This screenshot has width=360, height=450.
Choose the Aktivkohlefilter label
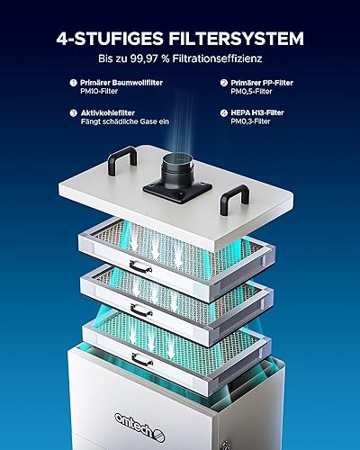(106, 114)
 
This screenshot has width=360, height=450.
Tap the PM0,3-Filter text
(254, 124)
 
